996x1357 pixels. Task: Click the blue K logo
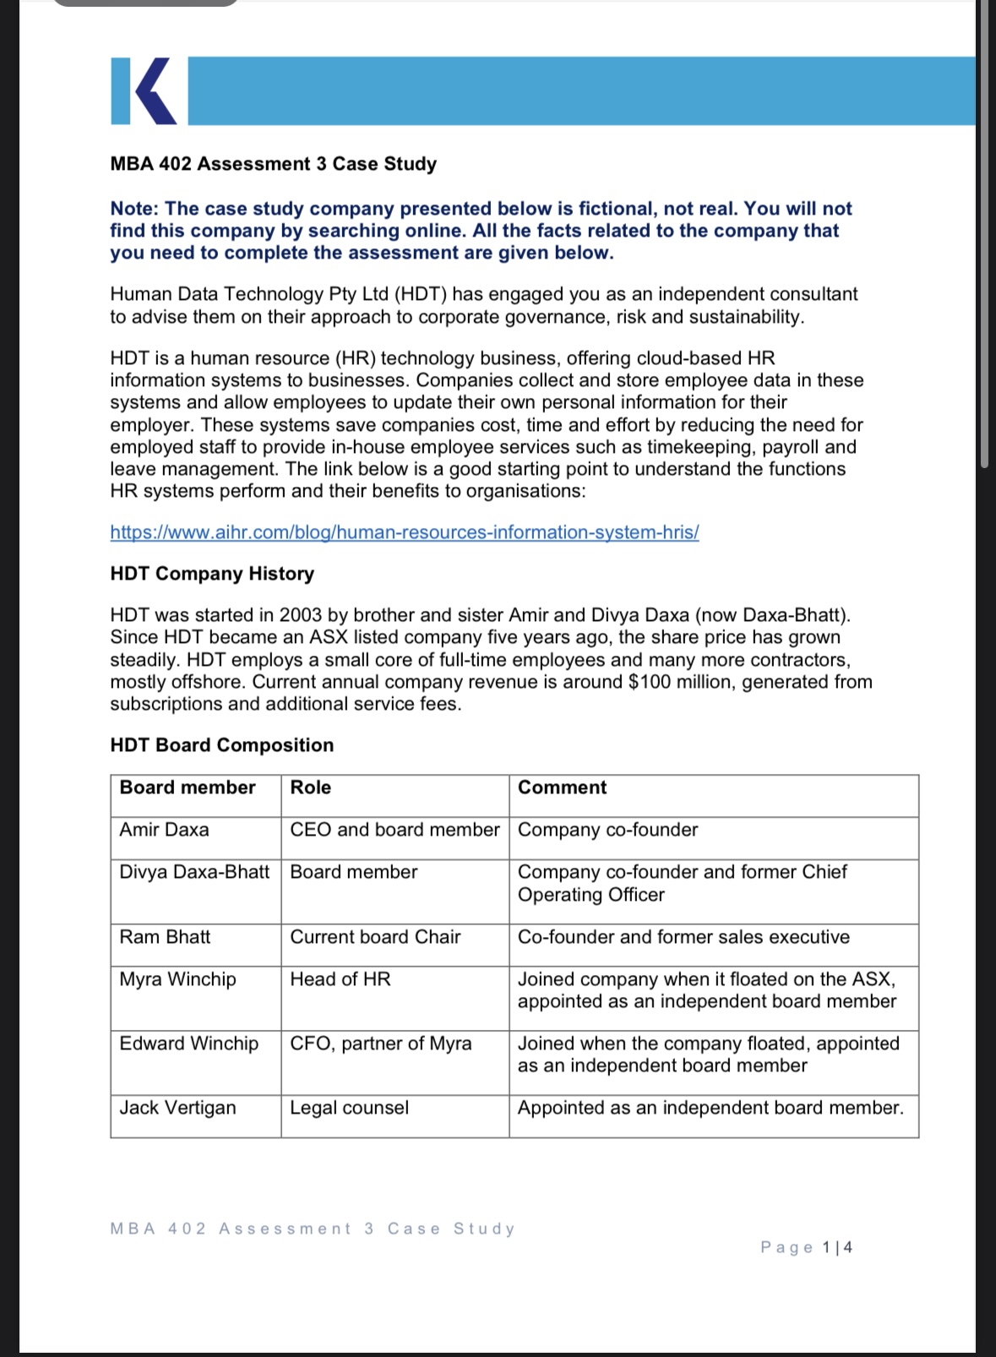point(144,91)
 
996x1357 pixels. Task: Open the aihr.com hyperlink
point(404,532)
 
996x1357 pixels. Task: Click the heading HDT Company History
point(212,574)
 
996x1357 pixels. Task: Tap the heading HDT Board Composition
point(221,745)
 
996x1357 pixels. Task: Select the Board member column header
point(188,787)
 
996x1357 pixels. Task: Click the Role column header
point(311,787)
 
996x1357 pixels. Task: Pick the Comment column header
point(562,787)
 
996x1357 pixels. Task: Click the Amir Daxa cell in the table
point(164,830)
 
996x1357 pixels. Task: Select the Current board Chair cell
point(375,937)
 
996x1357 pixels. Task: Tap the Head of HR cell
point(340,979)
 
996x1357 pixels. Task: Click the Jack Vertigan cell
point(177,1108)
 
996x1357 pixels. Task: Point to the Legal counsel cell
point(349,1108)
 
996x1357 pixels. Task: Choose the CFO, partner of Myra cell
point(380,1044)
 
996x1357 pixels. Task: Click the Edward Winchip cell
point(188,1044)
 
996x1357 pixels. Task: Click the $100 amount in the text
point(648,682)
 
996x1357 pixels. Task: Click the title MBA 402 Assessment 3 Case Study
point(273,164)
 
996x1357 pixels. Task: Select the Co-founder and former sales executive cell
point(683,937)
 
